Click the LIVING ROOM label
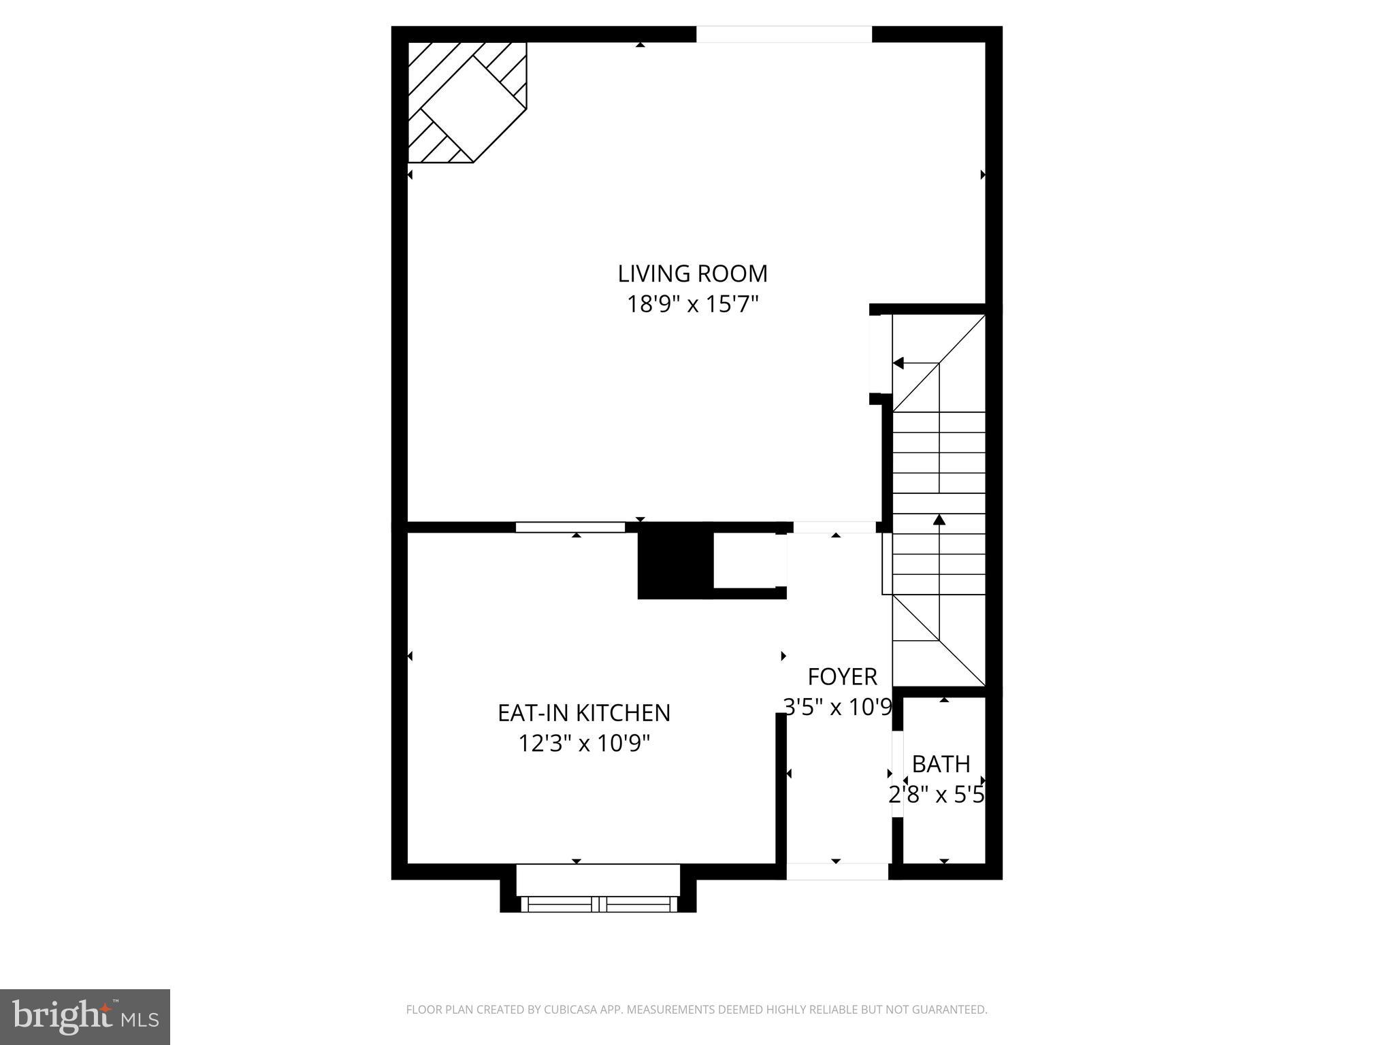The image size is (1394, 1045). pyautogui.click(x=692, y=273)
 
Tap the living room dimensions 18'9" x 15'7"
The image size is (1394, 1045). pyautogui.click(x=692, y=304)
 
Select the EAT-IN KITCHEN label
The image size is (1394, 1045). pyautogui.click(x=584, y=713)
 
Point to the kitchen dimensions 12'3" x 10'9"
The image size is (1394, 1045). pyautogui.click(x=584, y=744)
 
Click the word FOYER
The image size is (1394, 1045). pyautogui.click(x=842, y=677)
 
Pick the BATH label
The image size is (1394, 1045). pyautogui.click(x=941, y=765)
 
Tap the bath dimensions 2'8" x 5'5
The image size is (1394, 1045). pyautogui.click(x=937, y=795)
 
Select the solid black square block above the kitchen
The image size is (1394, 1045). pyautogui.click(x=675, y=561)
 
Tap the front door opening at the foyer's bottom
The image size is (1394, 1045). pyautogui.click(x=837, y=872)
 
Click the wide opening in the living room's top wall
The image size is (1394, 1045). pyautogui.click(x=783, y=34)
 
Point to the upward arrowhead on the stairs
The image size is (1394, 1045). pyautogui.click(x=939, y=520)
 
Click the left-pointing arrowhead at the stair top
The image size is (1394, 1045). pyautogui.click(x=898, y=363)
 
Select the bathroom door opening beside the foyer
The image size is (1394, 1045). pyautogui.click(x=897, y=774)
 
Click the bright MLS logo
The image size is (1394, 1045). pyautogui.click(x=84, y=1016)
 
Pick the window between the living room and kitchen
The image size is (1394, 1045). pyautogui.click(x=570, y=527)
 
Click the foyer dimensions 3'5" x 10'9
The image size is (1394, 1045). pyautogui.click(x=837, y=708)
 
